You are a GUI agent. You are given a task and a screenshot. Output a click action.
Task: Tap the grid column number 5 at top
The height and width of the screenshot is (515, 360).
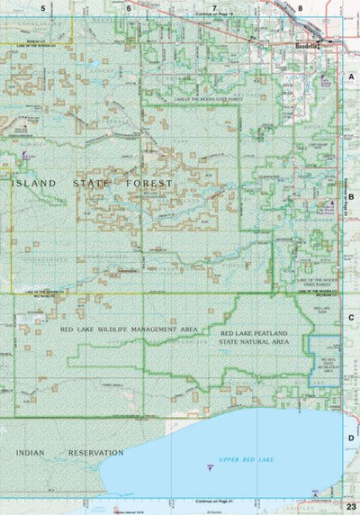tap(41, 7)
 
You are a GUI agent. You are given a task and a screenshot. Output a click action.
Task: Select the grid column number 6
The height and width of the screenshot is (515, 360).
tap(128, 7)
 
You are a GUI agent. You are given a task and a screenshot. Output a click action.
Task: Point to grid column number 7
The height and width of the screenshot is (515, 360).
tap(214, 7)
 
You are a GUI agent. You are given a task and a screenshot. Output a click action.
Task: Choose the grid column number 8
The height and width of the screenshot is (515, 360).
tap(300, 7)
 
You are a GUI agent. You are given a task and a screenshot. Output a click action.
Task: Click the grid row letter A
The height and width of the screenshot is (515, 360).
tap(351, 78)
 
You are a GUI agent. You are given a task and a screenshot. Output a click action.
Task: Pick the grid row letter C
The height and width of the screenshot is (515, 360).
tap(351, 317)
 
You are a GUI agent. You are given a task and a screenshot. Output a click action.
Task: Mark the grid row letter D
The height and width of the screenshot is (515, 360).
tap(351, 438)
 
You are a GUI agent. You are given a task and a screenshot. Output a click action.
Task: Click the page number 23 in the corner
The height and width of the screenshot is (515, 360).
tap(350, 508)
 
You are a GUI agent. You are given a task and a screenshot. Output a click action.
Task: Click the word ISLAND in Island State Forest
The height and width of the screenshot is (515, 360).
tap(34, 183)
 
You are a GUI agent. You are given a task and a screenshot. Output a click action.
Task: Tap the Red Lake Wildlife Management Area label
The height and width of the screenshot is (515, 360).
tap(128, 330)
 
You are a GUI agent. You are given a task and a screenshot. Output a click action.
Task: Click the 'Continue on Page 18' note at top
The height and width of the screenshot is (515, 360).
tap(214, 16)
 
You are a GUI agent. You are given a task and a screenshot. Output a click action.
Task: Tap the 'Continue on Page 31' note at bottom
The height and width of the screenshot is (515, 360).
tap(214, 501)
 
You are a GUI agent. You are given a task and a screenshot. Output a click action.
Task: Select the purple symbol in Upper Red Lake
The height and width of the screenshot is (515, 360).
tap(210, 466)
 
